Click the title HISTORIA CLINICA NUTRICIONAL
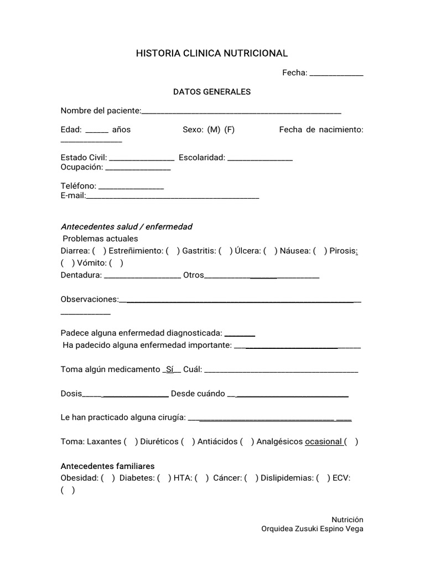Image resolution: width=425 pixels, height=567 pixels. (x=212, y=53)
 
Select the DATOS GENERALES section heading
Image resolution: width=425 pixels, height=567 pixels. (x=212, y=92)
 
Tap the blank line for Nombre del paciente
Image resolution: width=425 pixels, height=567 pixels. (x=241, y=112)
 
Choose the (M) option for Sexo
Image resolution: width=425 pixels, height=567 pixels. (x=214, y=130)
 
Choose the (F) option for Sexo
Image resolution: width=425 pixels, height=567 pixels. (x=230, y=130)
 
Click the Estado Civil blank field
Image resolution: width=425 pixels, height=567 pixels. (x=142, y=158)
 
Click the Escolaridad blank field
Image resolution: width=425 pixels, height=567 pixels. (x=260, y=158)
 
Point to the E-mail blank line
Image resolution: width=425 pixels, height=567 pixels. (x=173, y=197)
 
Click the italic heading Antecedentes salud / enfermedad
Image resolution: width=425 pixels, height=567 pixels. (x=126, y=227)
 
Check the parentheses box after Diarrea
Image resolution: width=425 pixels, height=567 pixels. (x=100, y=251)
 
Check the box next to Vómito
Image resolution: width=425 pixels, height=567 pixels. (x=116, y=263)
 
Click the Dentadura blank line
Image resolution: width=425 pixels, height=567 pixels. (x=142, y=276)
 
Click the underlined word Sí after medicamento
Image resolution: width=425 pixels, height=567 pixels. (x=170, y=369)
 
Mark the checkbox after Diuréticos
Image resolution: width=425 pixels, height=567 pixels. (x=188, y=442)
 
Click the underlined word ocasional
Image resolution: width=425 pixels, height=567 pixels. (x=323, y=442)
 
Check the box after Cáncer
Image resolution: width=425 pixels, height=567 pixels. (x=251, y=478)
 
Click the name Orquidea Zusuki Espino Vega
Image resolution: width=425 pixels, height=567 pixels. (x=312, y=529)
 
